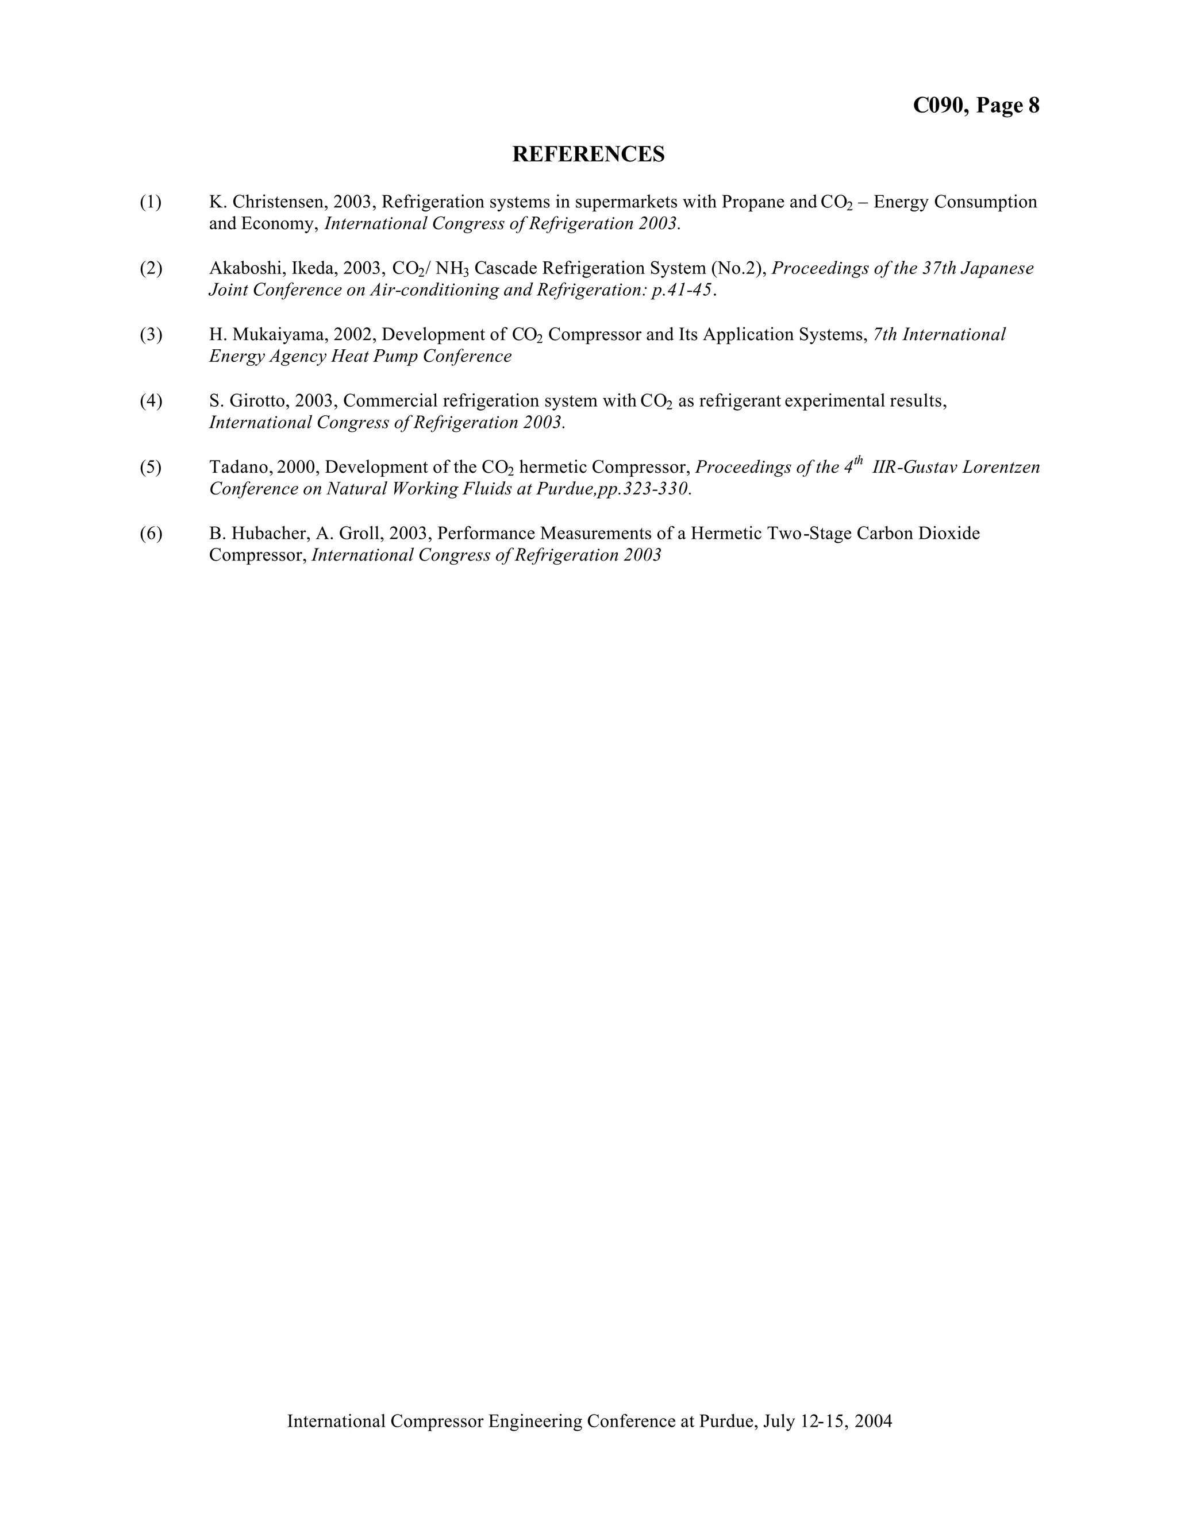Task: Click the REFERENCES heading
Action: [588, 154]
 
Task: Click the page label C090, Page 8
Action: [975, 105]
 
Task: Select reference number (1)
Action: [151, 202]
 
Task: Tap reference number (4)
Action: [151, 401]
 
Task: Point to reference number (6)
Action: [151, 534]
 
